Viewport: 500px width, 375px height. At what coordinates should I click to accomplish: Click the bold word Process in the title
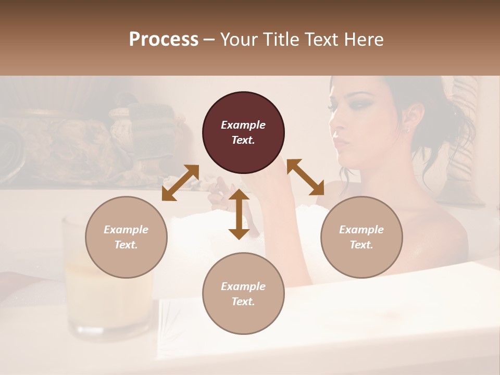point(164,40)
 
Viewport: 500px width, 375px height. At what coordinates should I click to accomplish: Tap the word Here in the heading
point(364,40)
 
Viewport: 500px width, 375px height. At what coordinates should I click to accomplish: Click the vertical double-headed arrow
point(239,214)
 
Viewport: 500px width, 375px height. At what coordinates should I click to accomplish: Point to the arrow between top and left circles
point(180,182)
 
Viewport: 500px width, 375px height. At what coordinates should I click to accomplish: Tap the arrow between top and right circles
point(306,177)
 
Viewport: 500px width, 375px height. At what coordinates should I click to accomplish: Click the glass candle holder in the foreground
point(104,281)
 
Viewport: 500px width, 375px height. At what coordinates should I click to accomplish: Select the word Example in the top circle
point(243,125)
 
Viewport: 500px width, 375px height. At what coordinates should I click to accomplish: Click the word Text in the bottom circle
point(243,302)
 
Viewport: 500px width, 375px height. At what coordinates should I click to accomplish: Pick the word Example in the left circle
point(126,230)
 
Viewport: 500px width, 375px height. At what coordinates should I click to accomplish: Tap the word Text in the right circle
point(361,245)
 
